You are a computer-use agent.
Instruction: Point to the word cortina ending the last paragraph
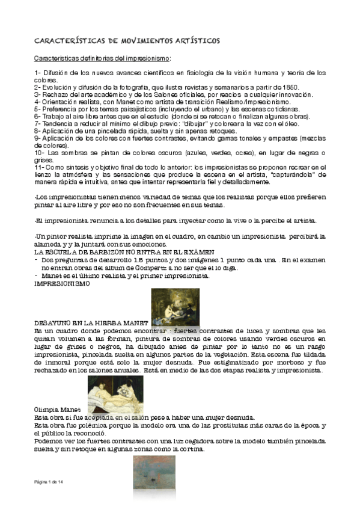point(192,448)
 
